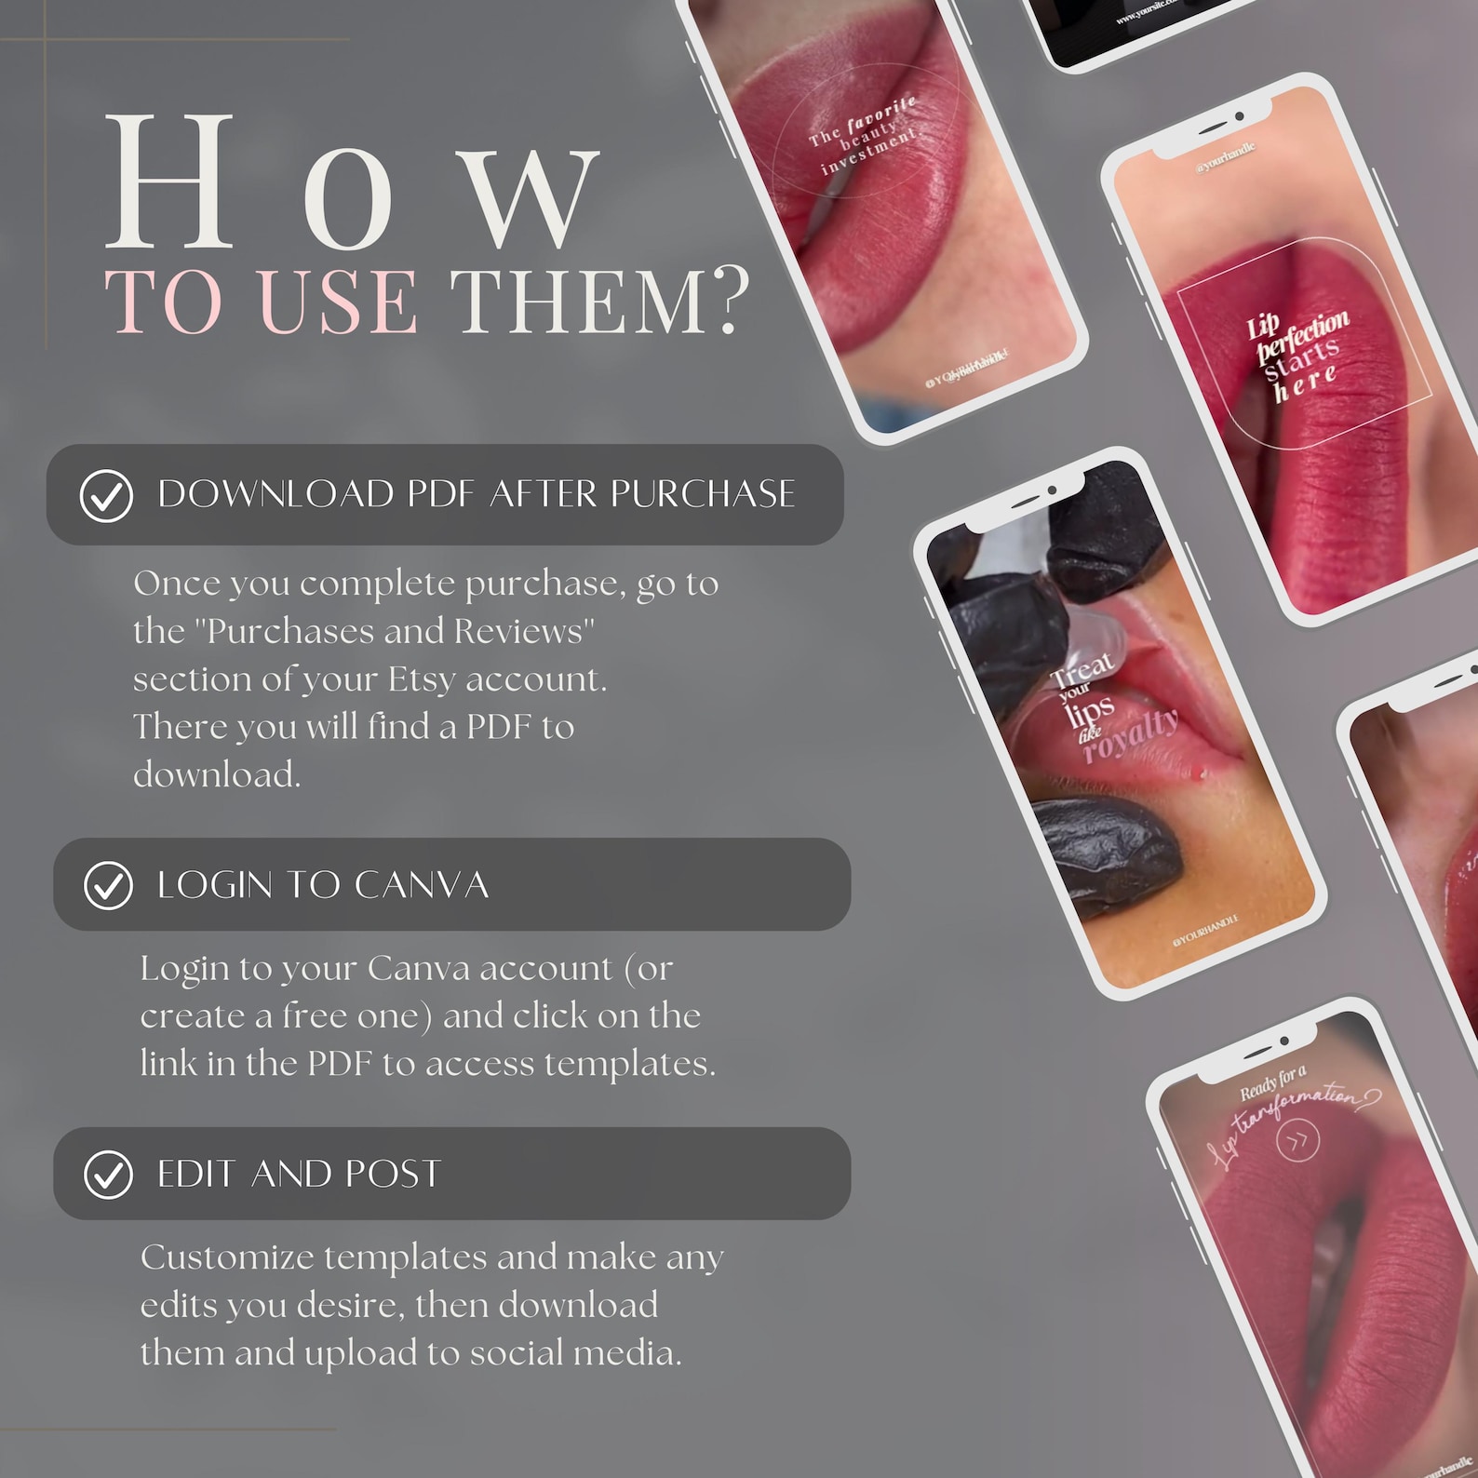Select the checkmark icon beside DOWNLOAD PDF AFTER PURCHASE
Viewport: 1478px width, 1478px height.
(106, 495)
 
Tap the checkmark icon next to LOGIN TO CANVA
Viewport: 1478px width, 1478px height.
(108, 885)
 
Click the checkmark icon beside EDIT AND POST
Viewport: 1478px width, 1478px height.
(108, 1175)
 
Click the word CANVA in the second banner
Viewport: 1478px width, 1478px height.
(421, 885)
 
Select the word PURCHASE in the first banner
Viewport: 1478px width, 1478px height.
(703, 494)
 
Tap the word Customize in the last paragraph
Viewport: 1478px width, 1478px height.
(227, 1257)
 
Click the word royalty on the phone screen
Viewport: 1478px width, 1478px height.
(1131, 735)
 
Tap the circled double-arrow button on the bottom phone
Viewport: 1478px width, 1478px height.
(1297, 1140)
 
